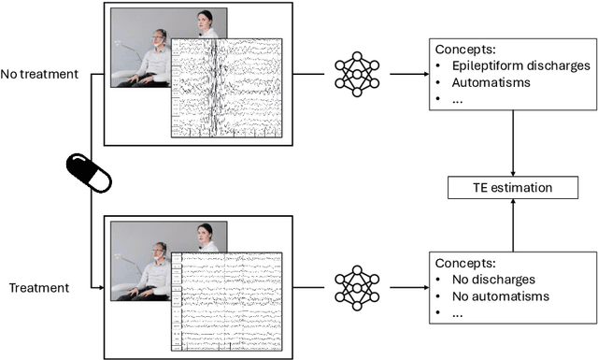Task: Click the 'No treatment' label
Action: (40, 73)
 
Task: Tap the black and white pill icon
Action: (89, 175)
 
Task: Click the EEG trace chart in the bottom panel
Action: (226, 298)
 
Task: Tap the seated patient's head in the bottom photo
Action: (160, 248)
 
